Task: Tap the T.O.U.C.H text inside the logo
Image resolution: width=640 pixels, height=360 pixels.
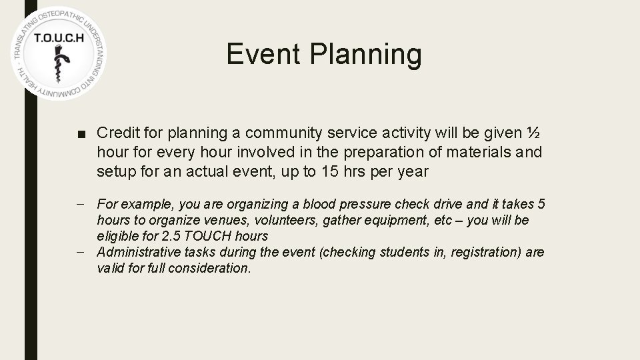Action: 59,38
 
